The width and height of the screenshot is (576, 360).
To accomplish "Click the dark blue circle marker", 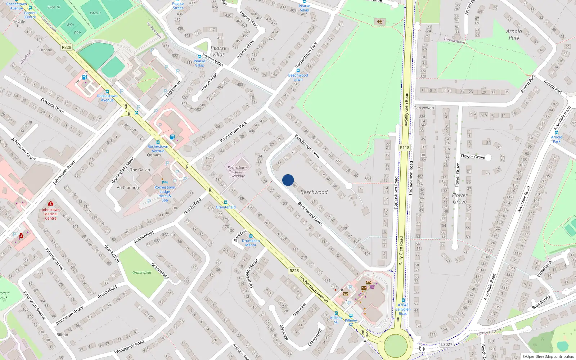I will (288, 180).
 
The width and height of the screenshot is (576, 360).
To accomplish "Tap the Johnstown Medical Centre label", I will (51, 214).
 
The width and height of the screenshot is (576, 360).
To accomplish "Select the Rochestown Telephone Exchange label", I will (237, 172).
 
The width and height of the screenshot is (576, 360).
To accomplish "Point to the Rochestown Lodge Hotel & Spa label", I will (165, 194).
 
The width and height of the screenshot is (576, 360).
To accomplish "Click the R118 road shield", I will (405, 148).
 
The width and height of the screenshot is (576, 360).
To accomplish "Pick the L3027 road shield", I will (446, 345).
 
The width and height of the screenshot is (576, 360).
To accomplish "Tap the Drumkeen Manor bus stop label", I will (251, 243).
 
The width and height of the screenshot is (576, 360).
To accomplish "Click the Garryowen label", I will (424, 108).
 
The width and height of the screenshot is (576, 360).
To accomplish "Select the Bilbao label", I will (62, 334).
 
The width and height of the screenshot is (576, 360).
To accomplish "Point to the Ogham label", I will (154, 155).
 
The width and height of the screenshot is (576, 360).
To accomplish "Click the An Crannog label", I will (127, 188).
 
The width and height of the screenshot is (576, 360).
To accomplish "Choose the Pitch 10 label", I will (54, 7).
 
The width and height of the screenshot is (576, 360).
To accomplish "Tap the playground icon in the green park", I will (380, 22).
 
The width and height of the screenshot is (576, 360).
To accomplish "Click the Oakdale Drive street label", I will (52, 105).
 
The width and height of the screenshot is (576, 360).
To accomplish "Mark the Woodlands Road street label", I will (129, 346).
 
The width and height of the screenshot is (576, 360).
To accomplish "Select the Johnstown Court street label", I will (23, 149).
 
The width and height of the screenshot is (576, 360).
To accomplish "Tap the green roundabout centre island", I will (396, 346).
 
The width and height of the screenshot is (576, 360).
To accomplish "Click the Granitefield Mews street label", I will (123, 170).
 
